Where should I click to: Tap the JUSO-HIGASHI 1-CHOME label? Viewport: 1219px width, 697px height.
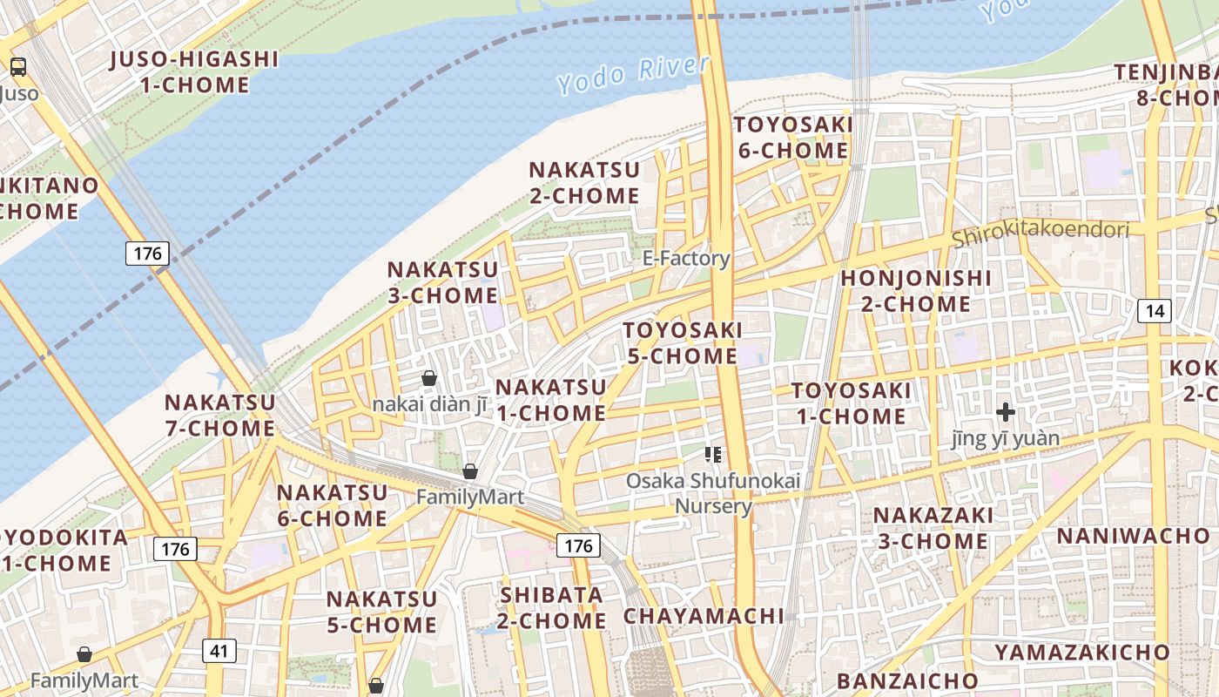click(x=194, y=72)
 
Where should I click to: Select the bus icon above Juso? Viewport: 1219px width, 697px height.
click(x=17, y=67)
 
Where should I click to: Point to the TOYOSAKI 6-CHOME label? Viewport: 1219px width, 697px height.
click(x=792, y=138)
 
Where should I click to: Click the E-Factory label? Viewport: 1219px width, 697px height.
click(x=686, y=258)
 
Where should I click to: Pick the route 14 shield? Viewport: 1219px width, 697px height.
click(x=1155, y=310)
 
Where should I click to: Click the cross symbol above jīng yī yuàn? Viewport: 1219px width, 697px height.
click(x=1006, y=411)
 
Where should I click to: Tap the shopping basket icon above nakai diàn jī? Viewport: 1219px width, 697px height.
click(x=428, y=378)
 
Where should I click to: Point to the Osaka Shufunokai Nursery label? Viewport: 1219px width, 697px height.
click(x=713, y=493)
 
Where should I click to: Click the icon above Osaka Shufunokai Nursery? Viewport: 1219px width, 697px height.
click(x=713, y=454)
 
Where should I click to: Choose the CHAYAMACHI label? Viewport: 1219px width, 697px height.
click(x=704, y=616)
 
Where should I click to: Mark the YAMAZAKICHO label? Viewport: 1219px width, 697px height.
click(x=1082, y=652)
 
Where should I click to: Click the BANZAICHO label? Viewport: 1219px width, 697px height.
click(x=907, y=680)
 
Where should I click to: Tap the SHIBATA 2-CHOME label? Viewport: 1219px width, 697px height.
click(x=553, y=608)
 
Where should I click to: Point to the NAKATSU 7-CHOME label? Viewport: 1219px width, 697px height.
click(x=220, y=416)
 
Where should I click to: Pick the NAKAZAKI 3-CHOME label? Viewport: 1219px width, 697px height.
click(x=933, y=528)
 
